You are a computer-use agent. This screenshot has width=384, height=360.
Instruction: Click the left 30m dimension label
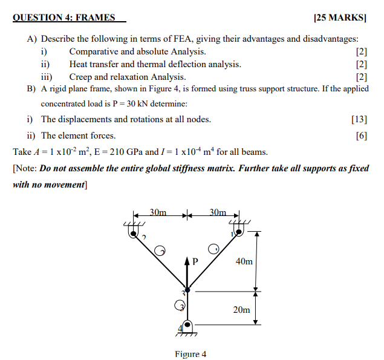click(x=158, y=212)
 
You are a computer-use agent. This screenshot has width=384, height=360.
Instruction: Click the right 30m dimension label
click(x=217, y=212)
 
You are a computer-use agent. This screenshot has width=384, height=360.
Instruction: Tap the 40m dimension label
click(x=243, y=261)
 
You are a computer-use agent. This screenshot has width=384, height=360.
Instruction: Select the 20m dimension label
click(x=242, y=309)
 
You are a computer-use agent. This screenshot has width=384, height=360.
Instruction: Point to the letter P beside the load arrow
click(x=195, y=262)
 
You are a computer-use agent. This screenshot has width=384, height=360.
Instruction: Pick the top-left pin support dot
click(x=132, y=231)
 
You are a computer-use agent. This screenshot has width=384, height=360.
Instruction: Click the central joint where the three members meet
click(x=187, y=291)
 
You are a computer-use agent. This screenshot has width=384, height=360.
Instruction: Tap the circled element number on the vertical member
click(x=180, y=306)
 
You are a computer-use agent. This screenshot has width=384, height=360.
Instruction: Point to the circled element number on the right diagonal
click(x=213, y=249)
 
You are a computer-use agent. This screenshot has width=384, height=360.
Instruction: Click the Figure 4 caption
click(x=190, y=354)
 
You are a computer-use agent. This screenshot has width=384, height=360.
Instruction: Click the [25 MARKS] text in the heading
click(x=341, y=18)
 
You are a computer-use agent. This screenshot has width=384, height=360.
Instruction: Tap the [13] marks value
click(x=359, y=119)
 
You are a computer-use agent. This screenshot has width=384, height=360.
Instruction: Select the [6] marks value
click(x=362, y=136)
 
